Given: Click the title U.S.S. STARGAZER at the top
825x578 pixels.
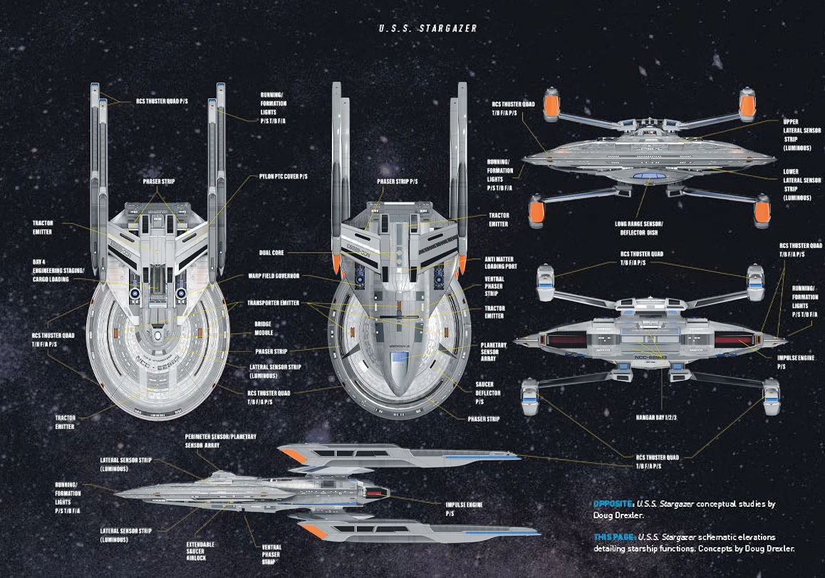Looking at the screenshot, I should click(427, 29).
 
